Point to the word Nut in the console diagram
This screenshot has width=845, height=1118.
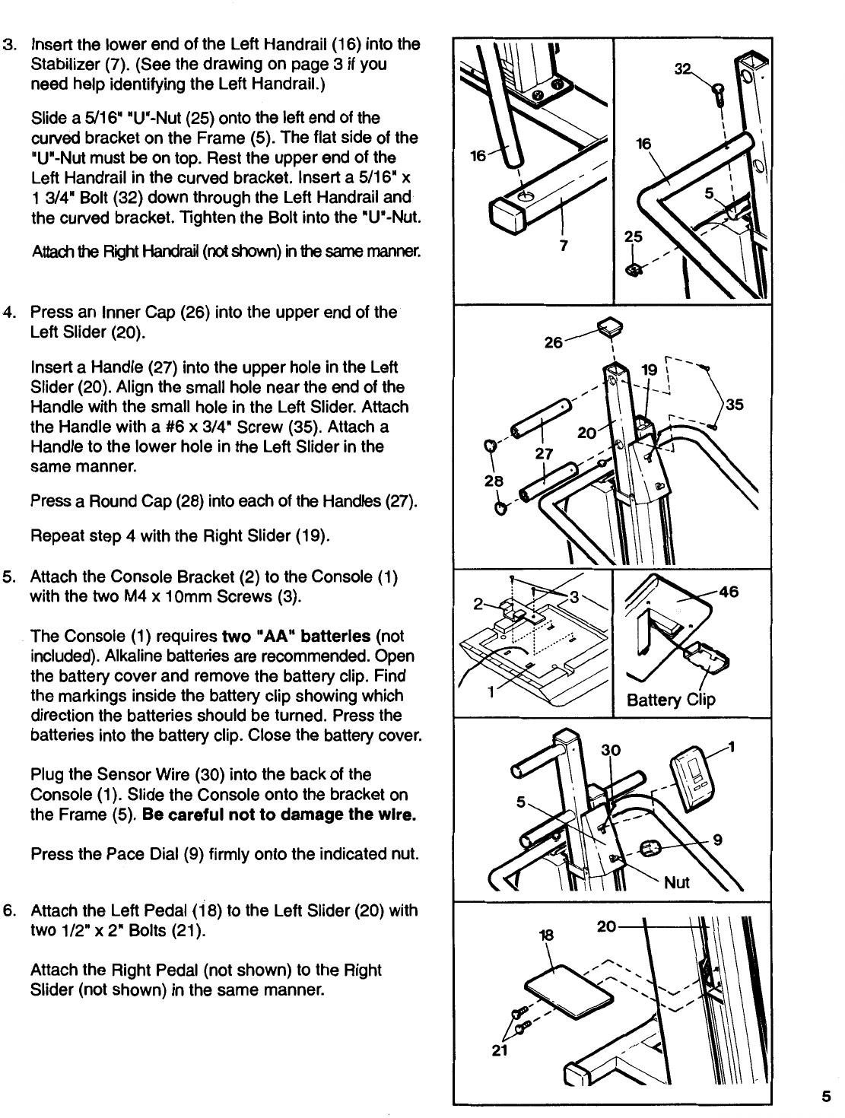click(x=677, y=882)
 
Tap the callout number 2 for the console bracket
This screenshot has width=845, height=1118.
click(x=478, y=606)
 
